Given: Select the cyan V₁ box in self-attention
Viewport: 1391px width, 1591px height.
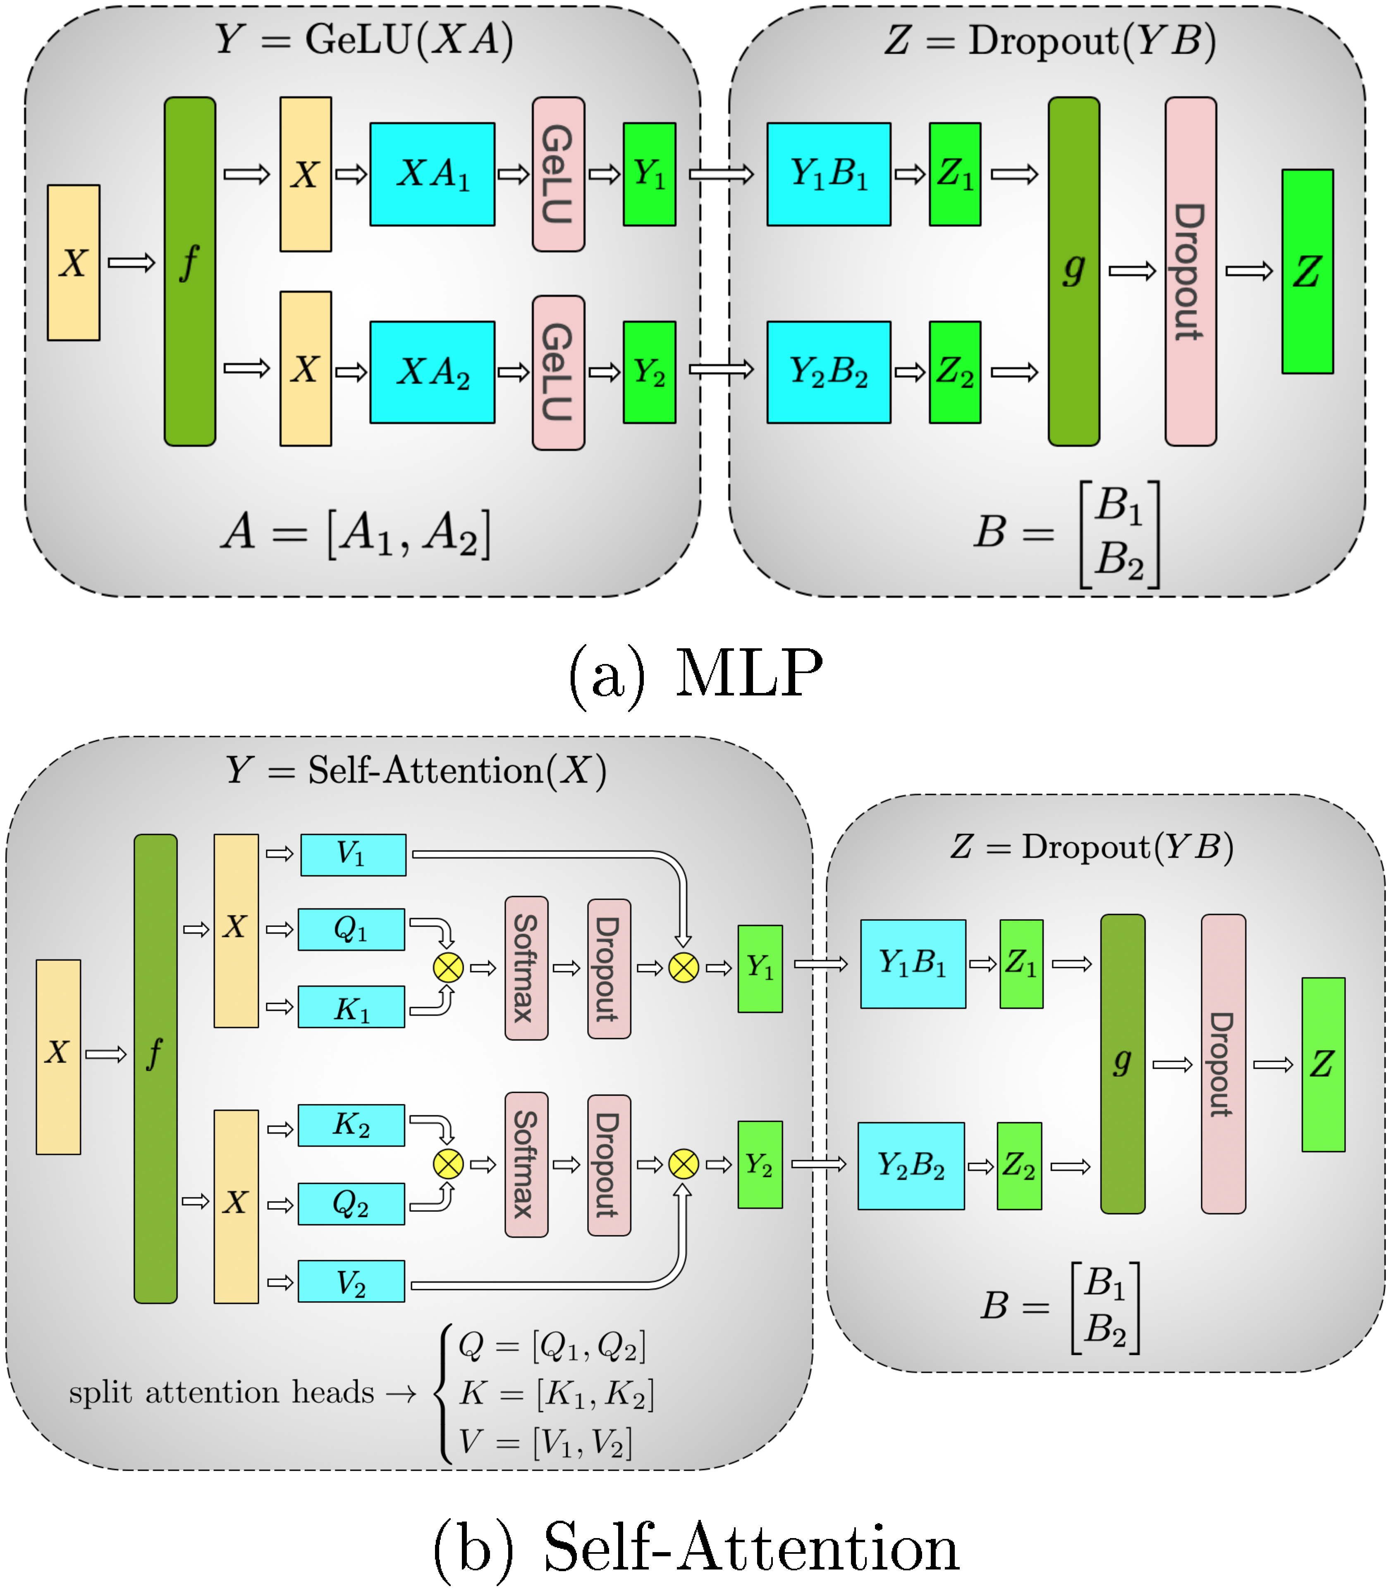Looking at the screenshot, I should (x=353, y=855).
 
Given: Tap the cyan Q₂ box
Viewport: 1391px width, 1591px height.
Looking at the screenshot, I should (x=351, y=1204).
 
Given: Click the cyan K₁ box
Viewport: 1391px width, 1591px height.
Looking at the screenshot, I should (x=351, y=1007).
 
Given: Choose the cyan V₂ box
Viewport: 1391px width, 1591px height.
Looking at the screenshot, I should (x=351, y=1281).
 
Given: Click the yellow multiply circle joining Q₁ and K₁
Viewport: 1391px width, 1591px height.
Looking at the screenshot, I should (x=448, y=968).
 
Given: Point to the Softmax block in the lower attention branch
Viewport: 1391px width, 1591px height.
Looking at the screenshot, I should (x=526, y=1164).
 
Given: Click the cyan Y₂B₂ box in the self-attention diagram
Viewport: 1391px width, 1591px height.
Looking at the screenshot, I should (x=911, y=1166).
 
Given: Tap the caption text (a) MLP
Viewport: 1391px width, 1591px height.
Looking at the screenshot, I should (x=695, y=674).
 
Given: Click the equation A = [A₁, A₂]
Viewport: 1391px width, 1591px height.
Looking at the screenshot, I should (x=356, y=534).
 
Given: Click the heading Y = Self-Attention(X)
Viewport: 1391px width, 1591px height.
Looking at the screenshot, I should (x=416, y=771).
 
